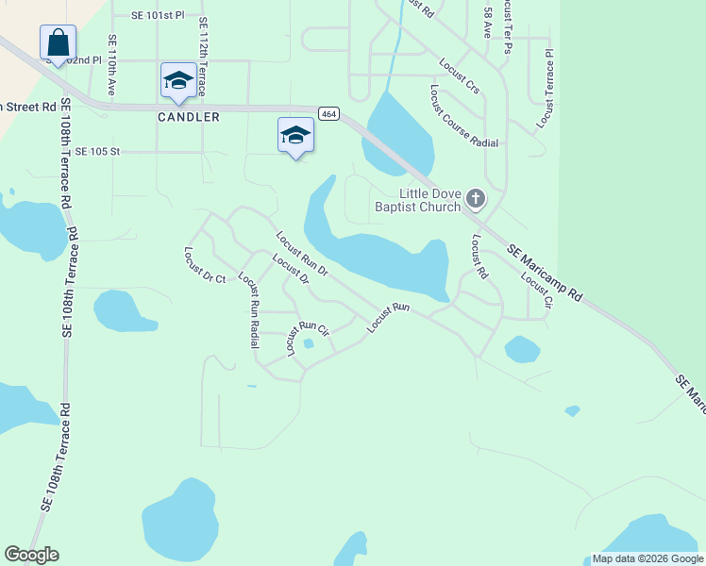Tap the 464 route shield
coord(328,113)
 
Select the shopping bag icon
coord(58,43)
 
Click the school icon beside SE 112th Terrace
coord(177,80)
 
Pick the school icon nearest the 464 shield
coord(295,135)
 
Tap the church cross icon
coord(476,199)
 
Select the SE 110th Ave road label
coord(112,66)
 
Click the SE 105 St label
coord(98,151)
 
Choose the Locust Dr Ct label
coord(205,265)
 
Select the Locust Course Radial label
coord(462,117)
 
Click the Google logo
coord(31,555)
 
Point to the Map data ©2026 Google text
coord(647,558)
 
